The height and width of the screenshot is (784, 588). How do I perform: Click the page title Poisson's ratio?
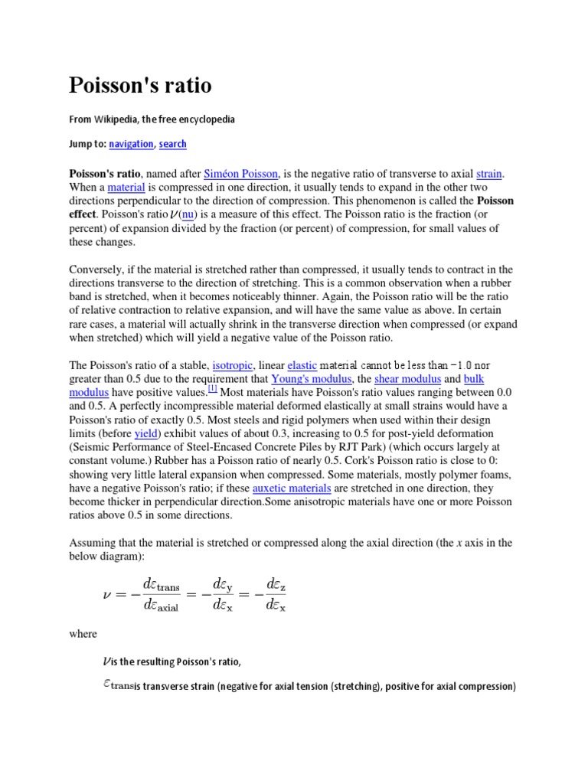(140, 84)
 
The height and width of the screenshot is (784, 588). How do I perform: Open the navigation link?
(131, 144)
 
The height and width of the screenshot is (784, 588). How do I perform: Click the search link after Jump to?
(173, 144)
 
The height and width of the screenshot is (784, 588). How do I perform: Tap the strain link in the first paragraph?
(490, 174)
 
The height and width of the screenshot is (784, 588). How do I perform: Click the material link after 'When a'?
(126, 188)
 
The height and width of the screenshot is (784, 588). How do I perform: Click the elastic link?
(302, 365)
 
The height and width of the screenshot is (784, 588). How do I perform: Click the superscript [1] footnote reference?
(214, 389)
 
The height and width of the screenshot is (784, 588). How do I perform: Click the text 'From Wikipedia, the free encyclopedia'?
(152, 119)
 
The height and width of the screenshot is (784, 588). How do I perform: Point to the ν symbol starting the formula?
(107, 593)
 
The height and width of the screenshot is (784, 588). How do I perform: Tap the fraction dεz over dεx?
(276, 593)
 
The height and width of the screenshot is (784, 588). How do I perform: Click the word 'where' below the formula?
(83, 633)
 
